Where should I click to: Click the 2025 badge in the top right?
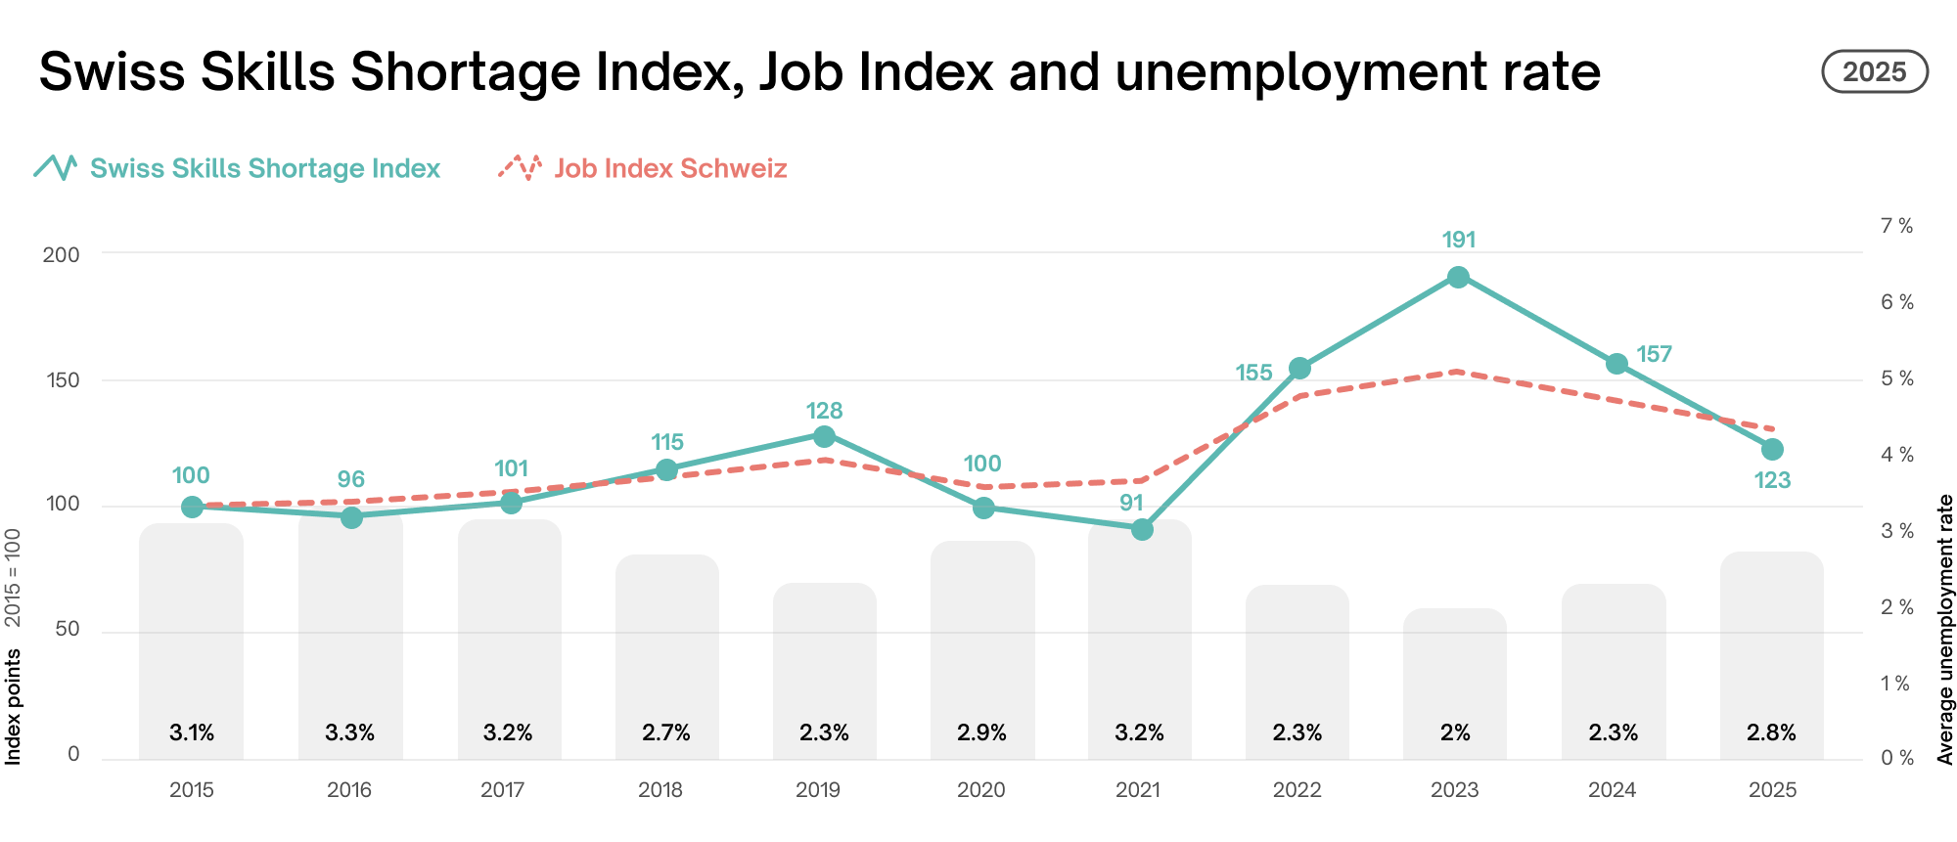tap(1874, 72)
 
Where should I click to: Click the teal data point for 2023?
tap(1458, 278)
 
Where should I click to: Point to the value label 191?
tap(1458, 240)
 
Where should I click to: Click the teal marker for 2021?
tap(1142, 529)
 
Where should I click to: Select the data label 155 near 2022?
tap(1253, 373)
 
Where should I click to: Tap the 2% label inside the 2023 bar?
tap(1455, 732)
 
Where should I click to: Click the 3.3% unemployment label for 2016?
tap(349, 732)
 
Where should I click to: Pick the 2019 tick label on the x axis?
tap(818, 790)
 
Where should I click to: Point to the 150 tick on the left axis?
tap(63, 379)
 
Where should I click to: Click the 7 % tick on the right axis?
tap(1896, 226)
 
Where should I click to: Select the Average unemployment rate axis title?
tap(1945, 629)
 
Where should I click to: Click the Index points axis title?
tap(13, 707)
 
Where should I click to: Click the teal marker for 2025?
tap(1772, 450)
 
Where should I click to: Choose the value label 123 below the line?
tap(1772, 480)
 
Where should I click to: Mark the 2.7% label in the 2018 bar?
tap(666, 732)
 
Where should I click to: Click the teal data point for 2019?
tap(824, 436)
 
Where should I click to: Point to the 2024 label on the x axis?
tap(1613, 790)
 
